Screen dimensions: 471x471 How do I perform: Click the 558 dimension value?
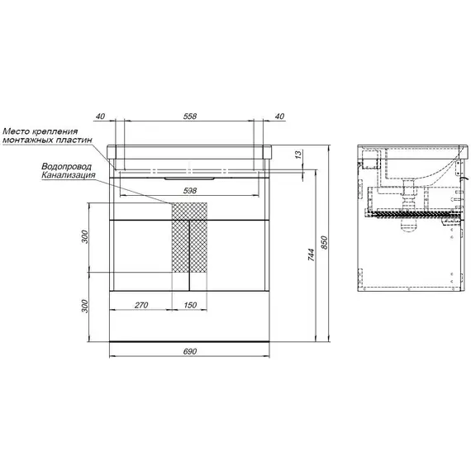tap(190, 117)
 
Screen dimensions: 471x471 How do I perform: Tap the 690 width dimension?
tap(190, 351)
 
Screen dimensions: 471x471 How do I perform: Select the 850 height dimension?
tap(324, 243)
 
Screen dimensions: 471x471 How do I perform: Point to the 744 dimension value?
tap(312, 255)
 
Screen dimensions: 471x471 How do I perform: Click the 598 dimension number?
tap(190, 190)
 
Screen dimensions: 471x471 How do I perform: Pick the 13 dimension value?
tap(297, 155)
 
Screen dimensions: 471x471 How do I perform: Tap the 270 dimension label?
tap(141, 305)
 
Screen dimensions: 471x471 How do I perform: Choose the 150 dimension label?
tap(190, 305)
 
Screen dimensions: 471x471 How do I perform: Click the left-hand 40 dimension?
tap(101, 117)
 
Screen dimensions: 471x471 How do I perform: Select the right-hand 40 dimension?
tap(279, 117)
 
